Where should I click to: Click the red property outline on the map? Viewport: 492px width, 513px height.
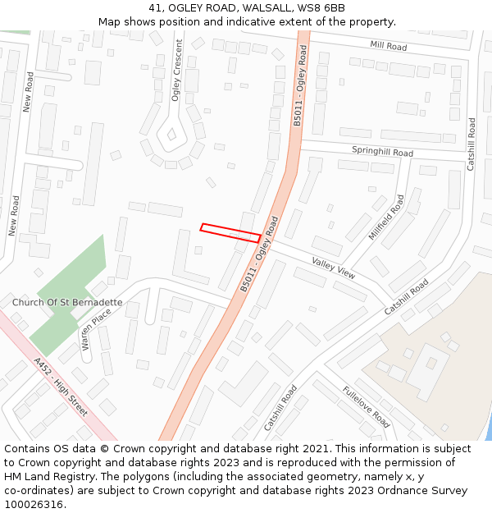click(x=230, y=232)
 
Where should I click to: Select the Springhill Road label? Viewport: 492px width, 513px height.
click(x=382, y=152)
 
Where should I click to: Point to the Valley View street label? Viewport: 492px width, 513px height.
click(x=334, y=268)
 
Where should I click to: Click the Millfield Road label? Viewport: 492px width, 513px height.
click(x=386, y=218)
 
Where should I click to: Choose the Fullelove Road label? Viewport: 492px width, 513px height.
click(x=366, y=407)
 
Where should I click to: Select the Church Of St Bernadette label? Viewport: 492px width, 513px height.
click(x=67, y=302)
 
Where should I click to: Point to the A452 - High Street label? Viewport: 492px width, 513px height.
click(x=61, y=387)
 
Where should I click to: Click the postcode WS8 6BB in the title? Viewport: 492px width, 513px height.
click(x=322, y=8)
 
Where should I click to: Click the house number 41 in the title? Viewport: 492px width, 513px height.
click(x=156, y=8)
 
